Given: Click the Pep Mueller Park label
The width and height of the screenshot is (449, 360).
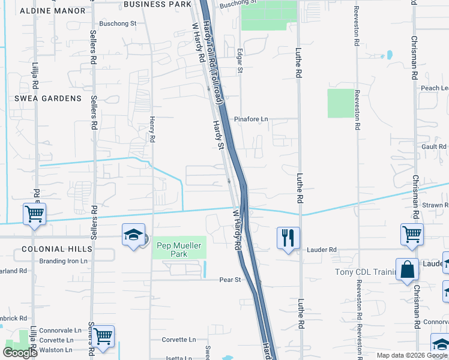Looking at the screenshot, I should coord(181,249).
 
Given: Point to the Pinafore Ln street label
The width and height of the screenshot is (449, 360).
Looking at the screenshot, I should coord(251,119).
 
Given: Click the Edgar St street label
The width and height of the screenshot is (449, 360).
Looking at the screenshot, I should coord(240,61).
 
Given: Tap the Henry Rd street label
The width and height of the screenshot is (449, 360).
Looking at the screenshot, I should coord(152,129).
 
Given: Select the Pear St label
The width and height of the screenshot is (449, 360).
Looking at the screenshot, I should coord(230,280).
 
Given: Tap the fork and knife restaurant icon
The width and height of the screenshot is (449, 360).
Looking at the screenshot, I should coord(288,238).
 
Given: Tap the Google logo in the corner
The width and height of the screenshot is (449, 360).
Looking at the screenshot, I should coord(20,353).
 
